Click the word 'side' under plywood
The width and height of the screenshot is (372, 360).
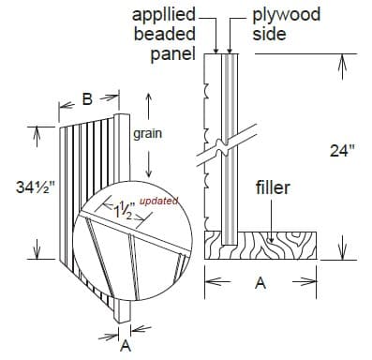[266, 34]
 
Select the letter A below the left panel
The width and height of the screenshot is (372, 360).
[124, 343]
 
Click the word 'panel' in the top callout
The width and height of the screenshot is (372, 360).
[172, 52]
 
